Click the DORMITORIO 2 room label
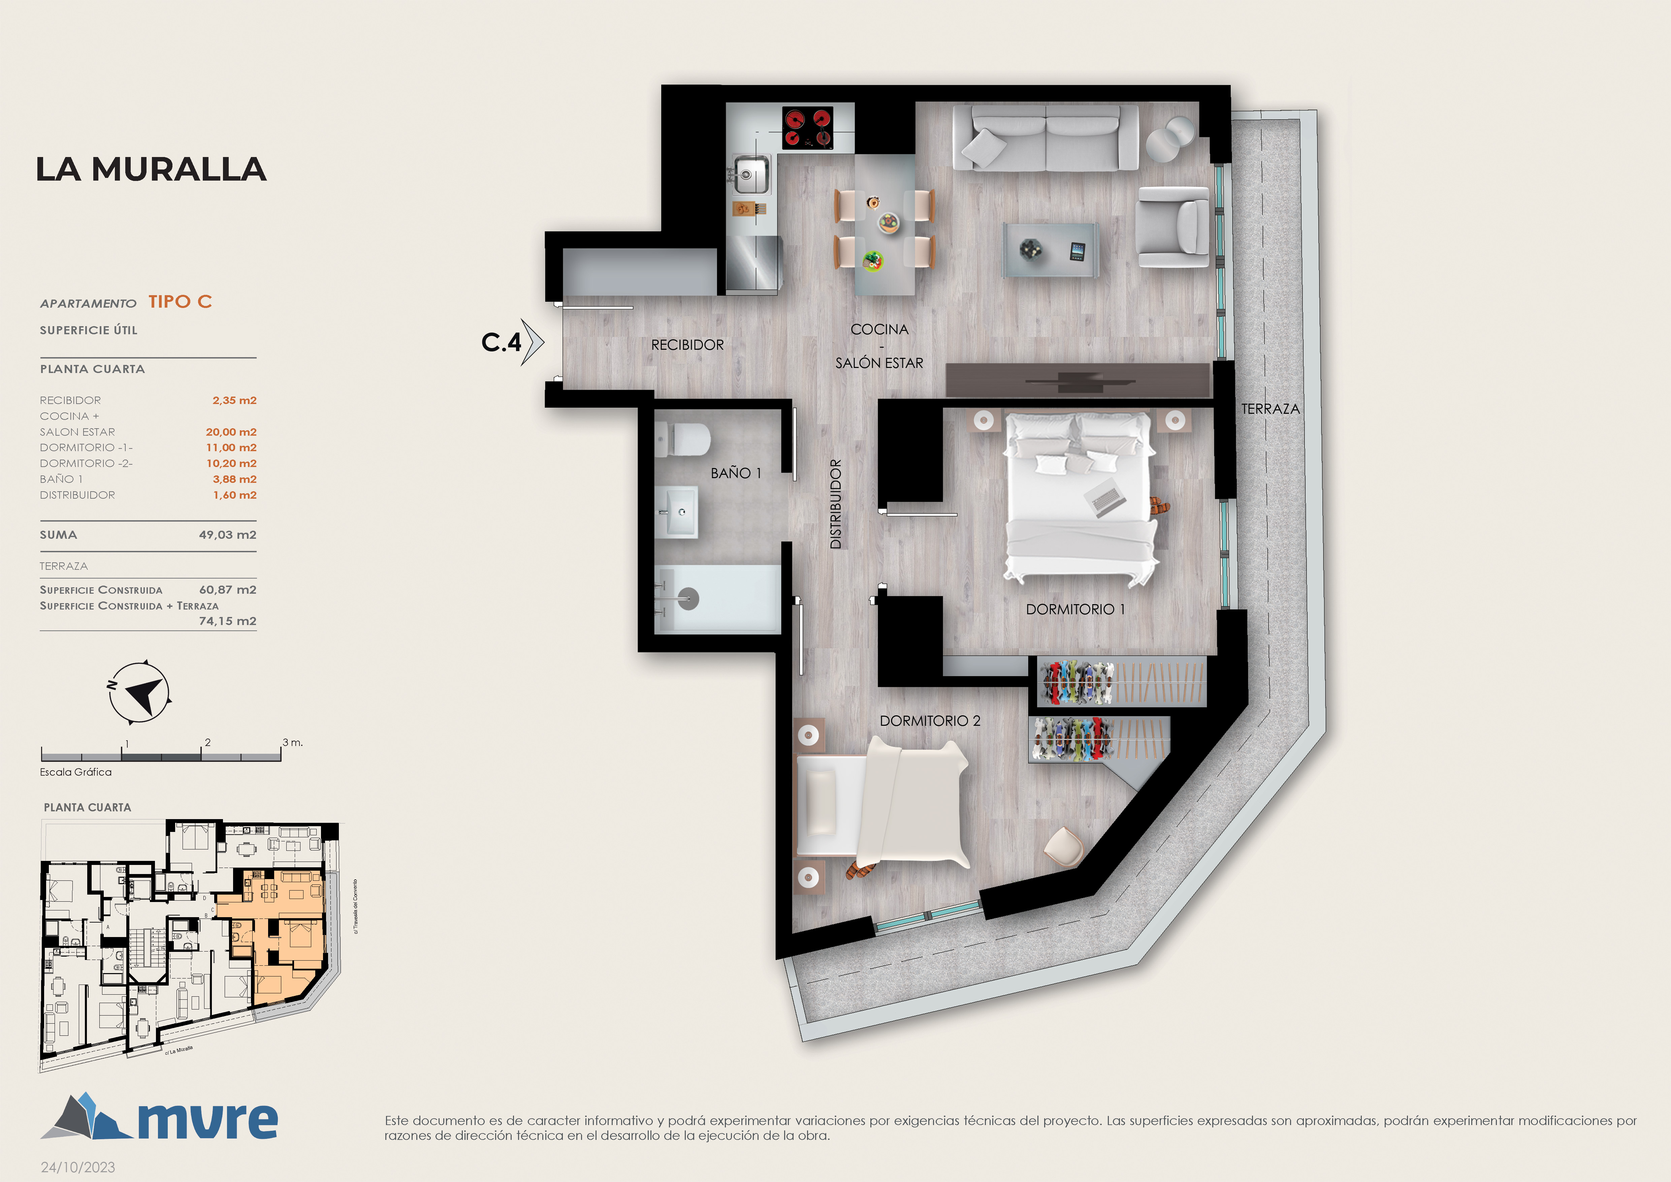930,720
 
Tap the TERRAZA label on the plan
1270,409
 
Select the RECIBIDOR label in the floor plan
687,345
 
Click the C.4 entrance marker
512,341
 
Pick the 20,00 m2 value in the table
231,432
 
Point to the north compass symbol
139,692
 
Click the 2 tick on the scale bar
207,742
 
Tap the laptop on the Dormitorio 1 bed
1105,499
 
